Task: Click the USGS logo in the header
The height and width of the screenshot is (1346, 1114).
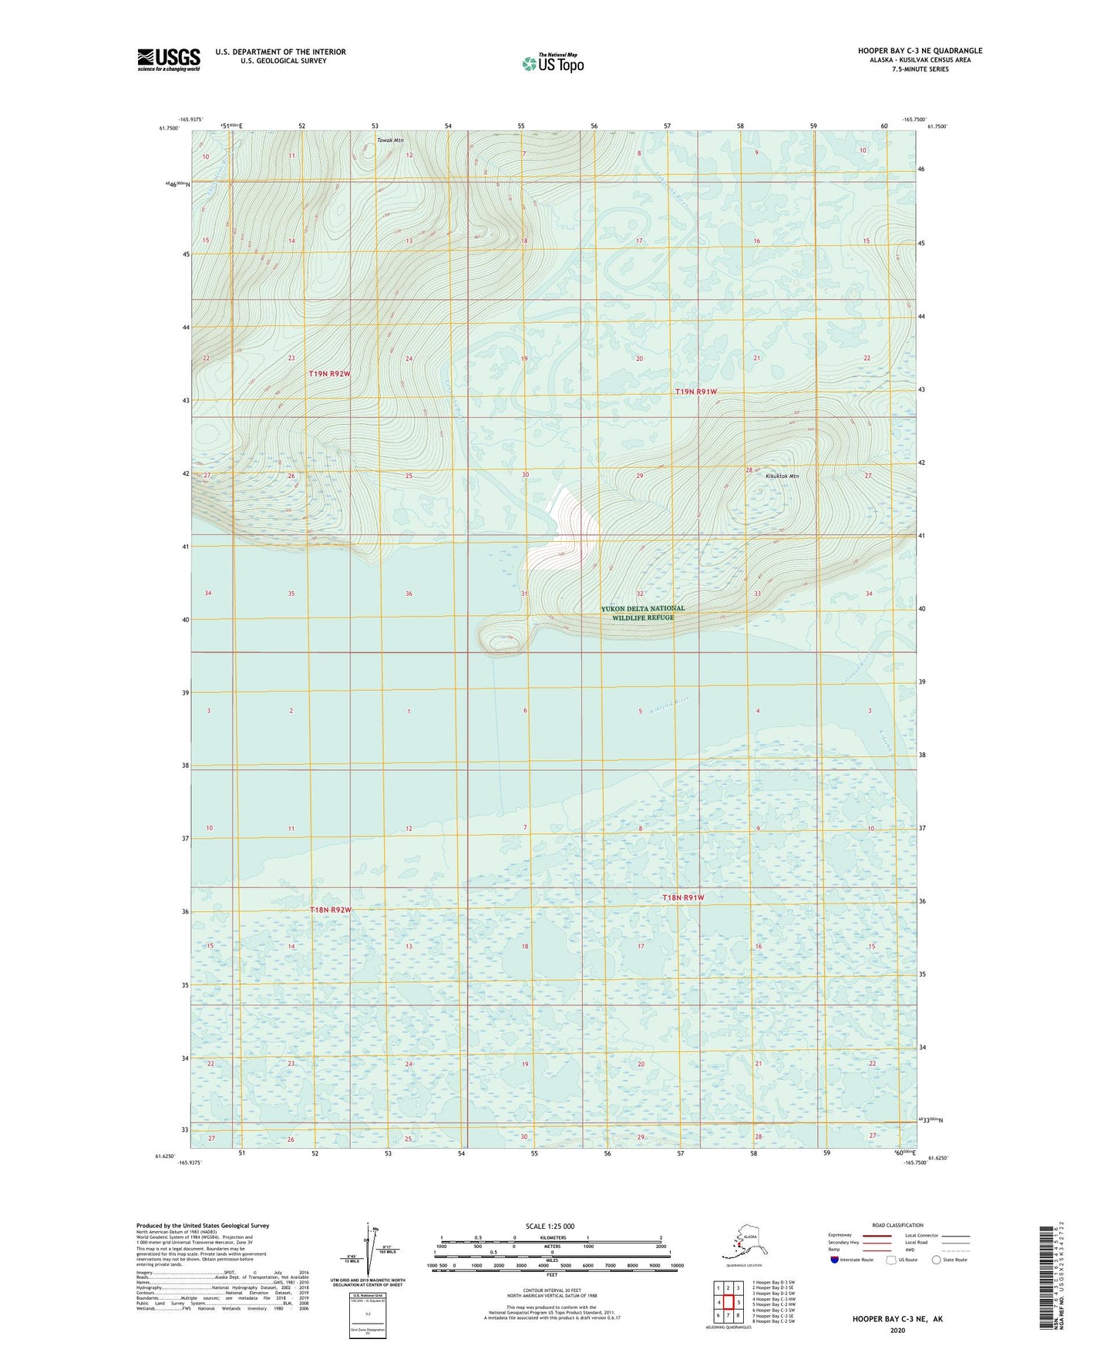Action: coord(169,59)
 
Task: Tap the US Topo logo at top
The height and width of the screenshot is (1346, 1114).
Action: coord(553,62)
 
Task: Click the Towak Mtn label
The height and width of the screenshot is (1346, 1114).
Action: coord(390,140)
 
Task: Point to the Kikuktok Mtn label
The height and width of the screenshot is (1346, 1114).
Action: coord(782,476)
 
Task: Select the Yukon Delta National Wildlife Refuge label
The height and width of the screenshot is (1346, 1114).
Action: coord(642,613)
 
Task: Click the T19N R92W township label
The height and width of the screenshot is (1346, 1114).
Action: coord(330,374)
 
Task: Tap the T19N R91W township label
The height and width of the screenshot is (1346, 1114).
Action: coord(695,392)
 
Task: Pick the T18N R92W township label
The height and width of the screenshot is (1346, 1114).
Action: coord(330,910)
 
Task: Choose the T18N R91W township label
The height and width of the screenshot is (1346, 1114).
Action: coord(683,897)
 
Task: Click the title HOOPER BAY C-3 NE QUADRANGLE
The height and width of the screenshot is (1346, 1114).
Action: coord(920,51)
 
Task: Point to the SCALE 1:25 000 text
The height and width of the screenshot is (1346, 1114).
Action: coord(550,1226)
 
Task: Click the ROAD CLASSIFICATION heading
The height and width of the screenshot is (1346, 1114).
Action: coord(897,1225)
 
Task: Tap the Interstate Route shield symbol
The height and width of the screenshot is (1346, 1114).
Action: coord(835,1260)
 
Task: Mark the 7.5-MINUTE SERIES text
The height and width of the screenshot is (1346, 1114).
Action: coord(920,69)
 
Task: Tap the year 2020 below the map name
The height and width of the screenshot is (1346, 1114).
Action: coord(897,1331)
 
